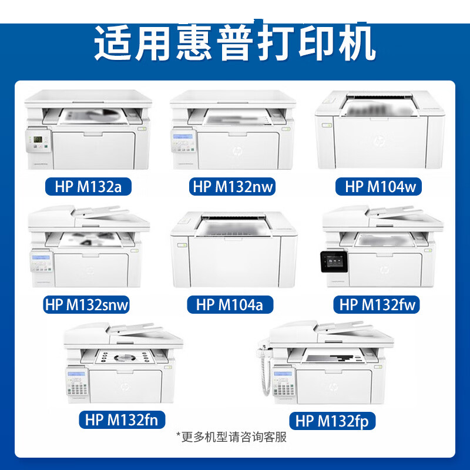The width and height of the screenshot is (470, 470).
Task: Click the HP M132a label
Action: coord(88,186)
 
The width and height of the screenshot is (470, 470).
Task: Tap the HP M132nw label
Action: coord(232,186)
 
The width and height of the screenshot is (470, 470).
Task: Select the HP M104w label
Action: coord(378,186)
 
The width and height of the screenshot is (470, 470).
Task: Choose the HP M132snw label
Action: coord(86,304)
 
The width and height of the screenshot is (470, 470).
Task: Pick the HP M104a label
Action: coord(230,304)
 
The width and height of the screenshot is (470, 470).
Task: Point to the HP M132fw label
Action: coord(377,304)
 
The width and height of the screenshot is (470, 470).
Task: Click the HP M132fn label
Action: coord(122,419)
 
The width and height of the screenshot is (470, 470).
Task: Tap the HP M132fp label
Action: coord(333,421)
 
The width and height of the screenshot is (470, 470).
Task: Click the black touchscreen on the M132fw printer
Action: coord(334,261)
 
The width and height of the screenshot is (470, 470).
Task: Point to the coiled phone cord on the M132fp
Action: coord(264,370)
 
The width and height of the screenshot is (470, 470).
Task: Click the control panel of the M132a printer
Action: coord(38,141)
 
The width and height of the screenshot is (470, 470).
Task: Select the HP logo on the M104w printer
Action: coord(379,140)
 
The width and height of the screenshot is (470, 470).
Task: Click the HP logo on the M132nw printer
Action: coord(238,151)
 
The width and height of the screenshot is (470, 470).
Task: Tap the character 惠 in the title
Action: coord(194,42)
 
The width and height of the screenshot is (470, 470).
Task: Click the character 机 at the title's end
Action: coord(357,42)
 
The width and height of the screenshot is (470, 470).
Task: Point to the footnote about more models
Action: coord(231,437)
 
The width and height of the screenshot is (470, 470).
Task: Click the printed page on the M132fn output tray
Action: coord(125,357)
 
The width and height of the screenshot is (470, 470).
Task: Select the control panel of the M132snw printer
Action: coord(41,261)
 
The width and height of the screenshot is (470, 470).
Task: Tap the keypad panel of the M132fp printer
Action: coord(284,383)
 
